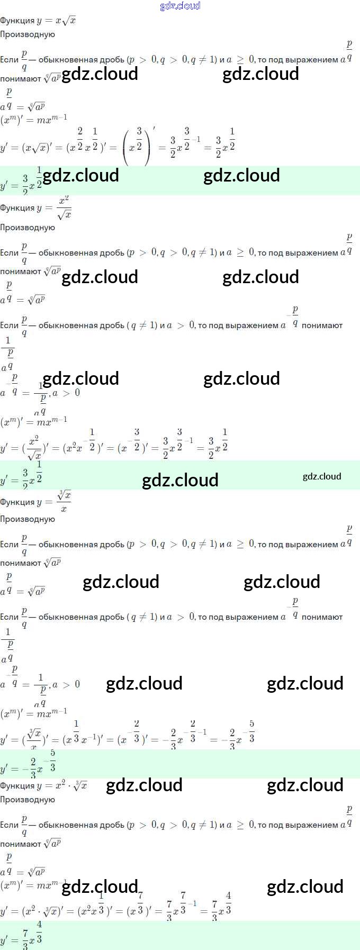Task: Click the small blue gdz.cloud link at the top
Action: pyautogui.click(x=180, y=6)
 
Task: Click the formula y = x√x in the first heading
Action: pyautogui.click(x=57, y=21)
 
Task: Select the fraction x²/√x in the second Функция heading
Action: pyautogui.click(x=64, y=208)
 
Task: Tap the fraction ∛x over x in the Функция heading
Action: pyautogui.click(x=64, y=502)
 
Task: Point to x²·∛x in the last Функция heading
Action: pyautogui.click(x=69, y=786)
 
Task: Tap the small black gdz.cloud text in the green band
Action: pyautogui.click(x=322, y=476)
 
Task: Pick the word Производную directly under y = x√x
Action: pyautogui.click(x=28, y=34)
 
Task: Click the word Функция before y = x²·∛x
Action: pyautogui.click(x=17, y=786)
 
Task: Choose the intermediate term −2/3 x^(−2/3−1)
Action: pyautogui.click(x=185, y=736)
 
